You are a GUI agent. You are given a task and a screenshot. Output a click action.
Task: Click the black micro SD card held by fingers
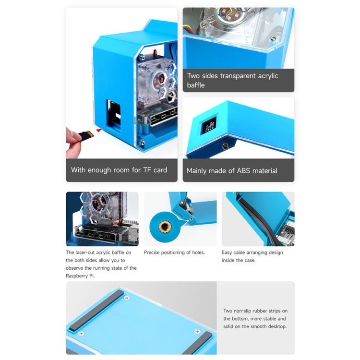(x=86, y=135)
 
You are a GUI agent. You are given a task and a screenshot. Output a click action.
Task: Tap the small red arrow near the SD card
(x=99, y=131)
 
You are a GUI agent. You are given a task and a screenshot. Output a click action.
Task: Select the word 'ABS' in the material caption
(x=243, y=170)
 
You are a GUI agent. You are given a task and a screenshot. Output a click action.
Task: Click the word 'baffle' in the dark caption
(x=196, y=85)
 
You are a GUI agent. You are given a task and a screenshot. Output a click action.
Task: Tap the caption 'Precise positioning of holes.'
(x=174, y=252)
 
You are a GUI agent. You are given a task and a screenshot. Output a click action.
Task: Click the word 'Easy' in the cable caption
(x=227, y=252)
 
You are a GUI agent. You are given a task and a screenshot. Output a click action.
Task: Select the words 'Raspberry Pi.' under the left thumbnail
(x=80, y=276)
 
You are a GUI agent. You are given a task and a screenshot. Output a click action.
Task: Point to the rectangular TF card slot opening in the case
(x=114, y=116)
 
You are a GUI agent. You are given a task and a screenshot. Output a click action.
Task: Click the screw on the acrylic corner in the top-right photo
(x=273, y=38)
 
